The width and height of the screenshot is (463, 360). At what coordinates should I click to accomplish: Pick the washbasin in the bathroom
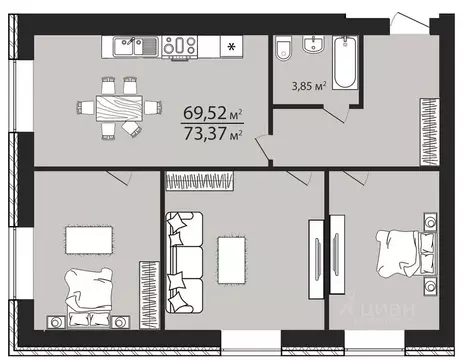click(313, 45)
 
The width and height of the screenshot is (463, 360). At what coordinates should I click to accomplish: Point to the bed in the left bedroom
click(89, 294)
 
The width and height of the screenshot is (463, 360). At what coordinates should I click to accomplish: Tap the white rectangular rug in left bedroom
click(88, 238)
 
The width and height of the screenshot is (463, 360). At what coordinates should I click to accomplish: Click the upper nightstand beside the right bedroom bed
click(429, 221)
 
